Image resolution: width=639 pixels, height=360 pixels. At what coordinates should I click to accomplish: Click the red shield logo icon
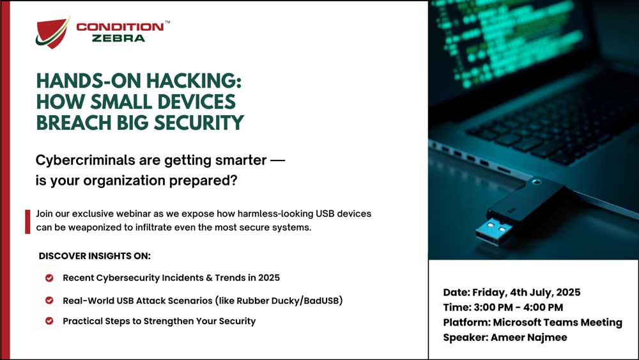(x=52, y=33)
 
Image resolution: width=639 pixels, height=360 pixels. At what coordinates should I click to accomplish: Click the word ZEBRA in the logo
(x=119, y=38)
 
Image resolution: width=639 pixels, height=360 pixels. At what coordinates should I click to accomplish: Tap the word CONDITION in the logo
(x=119, y=27)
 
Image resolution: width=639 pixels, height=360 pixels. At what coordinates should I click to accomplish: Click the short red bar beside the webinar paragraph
(x=27, y=221)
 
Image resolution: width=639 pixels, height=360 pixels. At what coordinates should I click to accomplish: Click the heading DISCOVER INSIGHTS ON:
(x=95, y=256)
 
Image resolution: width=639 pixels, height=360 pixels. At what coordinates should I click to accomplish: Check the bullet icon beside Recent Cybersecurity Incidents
(x=49, y=278)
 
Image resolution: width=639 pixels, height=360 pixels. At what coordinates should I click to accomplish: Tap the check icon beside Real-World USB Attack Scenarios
(x=49, y=301)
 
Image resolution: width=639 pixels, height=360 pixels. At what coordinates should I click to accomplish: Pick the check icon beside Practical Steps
(x=49, y=321)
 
